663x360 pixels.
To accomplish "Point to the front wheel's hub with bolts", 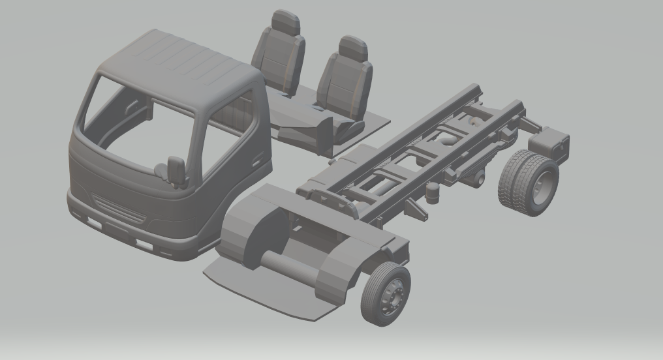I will coord(393,294).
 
